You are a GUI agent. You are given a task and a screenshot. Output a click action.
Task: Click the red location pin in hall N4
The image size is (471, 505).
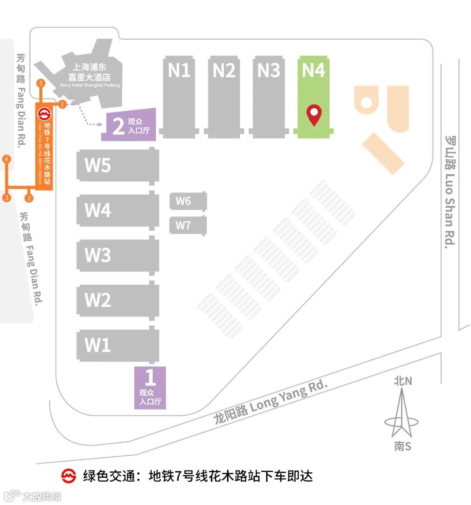(x=314, y=114)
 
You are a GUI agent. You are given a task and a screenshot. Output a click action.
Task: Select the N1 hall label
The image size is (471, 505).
(x=179, y=70)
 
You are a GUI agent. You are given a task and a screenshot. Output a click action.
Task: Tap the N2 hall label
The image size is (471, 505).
(x=224, y=70)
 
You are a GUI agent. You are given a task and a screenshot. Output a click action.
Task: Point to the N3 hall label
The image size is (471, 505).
(x=269, y=70)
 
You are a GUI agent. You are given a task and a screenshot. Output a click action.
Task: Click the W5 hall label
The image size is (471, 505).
(x=98, y=165)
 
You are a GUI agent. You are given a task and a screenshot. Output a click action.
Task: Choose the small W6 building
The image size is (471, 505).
(x=188, y=201)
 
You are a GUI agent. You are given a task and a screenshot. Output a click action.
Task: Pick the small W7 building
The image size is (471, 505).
(x=188, y=225)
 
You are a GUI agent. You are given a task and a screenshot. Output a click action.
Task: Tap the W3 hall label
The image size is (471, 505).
(x=98, y=255)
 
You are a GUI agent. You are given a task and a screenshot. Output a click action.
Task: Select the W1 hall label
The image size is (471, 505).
(x=98, y=345)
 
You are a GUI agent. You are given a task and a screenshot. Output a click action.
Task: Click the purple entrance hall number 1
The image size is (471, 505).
(x=150, y=387)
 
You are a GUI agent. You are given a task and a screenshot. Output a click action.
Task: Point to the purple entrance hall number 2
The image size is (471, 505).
(x=129, y=125)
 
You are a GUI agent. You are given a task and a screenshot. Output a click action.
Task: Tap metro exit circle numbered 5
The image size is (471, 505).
(x=41, y=83)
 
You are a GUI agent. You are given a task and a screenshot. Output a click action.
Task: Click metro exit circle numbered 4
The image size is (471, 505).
(x=6, y=159)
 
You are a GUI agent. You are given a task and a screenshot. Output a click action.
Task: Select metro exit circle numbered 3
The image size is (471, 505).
(x=6, y=198)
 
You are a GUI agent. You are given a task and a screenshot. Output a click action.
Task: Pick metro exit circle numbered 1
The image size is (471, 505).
(x=62, y=104)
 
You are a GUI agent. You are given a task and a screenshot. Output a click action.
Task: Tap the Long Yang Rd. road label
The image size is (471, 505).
(x=270, y=402)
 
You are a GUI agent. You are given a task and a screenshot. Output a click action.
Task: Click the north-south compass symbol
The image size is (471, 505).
(x=402, y=414)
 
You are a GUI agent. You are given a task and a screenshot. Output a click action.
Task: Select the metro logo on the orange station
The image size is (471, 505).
(x=44, y=114)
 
